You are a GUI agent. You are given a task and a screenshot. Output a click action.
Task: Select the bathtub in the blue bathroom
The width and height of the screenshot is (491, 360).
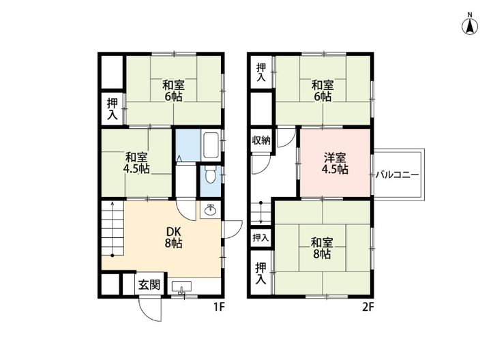coord(211,144)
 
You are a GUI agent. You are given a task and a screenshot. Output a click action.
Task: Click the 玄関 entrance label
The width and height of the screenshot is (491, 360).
coord(149,285)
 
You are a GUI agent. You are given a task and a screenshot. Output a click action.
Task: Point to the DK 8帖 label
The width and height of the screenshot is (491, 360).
coord(173,235)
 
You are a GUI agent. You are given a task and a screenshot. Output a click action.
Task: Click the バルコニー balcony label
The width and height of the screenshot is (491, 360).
coord(397,175)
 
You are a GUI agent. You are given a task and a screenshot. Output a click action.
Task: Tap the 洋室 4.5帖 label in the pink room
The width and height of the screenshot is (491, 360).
coord(335,163)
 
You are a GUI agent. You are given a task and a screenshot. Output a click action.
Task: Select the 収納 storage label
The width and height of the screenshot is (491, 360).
coord(261,141)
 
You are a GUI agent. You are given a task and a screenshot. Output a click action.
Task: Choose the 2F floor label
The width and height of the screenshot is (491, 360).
coord(368,307)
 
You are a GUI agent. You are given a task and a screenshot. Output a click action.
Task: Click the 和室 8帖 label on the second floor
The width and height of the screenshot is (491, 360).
coord(322,247)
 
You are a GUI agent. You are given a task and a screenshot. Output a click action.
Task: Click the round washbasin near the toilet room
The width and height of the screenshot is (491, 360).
coord(210,210)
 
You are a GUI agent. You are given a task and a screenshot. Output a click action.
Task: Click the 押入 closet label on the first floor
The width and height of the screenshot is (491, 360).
coord(113,109)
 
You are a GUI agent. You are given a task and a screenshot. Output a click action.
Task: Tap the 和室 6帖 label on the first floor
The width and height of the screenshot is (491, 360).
coord(173,91)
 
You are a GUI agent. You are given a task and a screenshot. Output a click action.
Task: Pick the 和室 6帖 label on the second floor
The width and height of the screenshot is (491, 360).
coord(323,91)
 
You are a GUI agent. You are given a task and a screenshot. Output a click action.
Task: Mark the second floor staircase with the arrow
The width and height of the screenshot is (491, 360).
coord(260,213)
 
